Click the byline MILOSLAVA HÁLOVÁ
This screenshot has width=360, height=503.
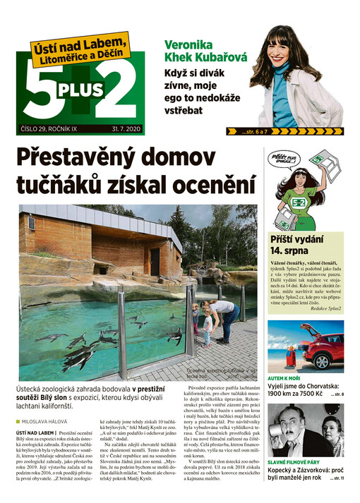coord(47,421)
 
